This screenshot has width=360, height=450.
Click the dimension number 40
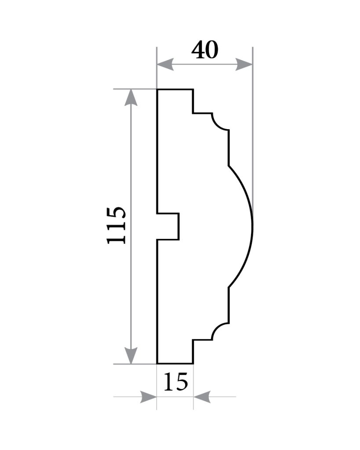205,50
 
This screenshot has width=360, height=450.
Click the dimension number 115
116,225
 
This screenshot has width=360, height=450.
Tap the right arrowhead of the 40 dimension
244,64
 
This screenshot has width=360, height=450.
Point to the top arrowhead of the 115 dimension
131,98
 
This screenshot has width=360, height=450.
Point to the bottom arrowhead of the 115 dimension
131,355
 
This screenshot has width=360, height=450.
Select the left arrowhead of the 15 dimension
149,397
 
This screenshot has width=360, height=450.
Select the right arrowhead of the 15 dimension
202,397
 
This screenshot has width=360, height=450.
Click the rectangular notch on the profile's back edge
179,226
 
